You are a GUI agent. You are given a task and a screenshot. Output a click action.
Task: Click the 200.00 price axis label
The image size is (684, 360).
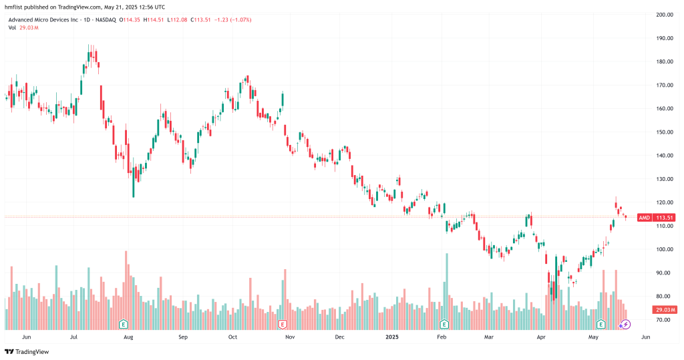663,14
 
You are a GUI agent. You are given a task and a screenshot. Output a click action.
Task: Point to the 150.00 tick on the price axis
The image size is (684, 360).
663,132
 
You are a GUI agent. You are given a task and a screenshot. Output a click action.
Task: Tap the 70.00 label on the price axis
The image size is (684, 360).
663,320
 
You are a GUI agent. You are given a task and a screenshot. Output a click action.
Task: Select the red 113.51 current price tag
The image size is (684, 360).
664,218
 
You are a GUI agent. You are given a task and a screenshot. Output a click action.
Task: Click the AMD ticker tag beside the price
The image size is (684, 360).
645,218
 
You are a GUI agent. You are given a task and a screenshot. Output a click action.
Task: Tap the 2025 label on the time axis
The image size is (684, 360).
392,338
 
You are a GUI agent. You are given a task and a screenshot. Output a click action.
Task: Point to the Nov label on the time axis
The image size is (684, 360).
290,338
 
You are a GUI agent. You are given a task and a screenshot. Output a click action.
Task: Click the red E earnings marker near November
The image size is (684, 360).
283,325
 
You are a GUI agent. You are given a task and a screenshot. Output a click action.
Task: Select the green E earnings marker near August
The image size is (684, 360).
123,325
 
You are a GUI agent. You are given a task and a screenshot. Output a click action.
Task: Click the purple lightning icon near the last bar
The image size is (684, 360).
626,325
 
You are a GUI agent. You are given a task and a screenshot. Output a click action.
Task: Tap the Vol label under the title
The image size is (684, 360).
12,29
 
